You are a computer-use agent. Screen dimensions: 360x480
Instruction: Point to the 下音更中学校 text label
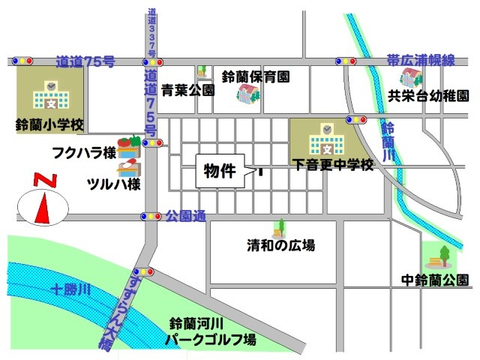coord(333,163)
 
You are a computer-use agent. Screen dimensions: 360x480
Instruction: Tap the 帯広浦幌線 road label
coord(421,58)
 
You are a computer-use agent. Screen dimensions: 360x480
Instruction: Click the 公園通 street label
coord(186,216)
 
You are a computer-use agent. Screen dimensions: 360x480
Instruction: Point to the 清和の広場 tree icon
coord(281,228)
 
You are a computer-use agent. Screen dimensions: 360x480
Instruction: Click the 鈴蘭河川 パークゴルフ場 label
coord(212,332)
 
